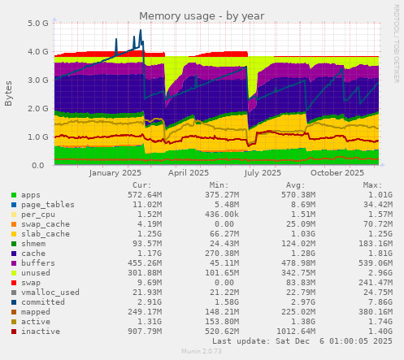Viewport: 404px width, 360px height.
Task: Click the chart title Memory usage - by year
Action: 202,15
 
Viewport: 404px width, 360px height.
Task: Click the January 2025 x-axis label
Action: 115,172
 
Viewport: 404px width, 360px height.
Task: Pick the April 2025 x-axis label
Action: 189,172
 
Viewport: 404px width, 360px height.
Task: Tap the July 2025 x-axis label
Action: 263,172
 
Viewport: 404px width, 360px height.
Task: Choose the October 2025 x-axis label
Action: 337,172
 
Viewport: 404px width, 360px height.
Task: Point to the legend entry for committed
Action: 43,302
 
